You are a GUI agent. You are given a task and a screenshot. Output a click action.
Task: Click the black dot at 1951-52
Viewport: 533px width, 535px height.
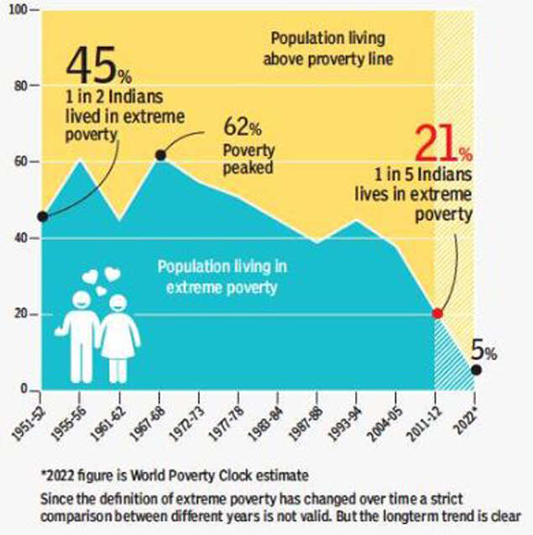point(43,217)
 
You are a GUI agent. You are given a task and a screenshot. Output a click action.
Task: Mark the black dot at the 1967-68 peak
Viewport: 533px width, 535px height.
point(160,155)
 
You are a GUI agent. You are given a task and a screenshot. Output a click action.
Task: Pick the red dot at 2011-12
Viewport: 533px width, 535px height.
point(436,313)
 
